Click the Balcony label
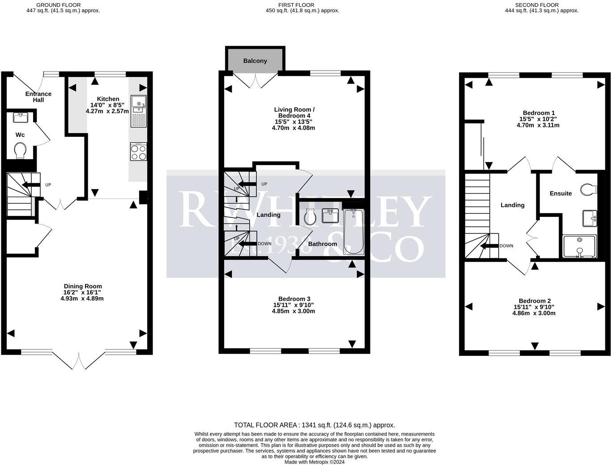tap(255, 61)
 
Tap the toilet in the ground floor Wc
tap(21, 150)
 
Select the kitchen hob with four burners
tap(138, 152)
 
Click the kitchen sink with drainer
tap(138, 110)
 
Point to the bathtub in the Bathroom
tap(353, 232)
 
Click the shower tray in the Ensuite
tap(580, 246)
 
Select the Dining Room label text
tap(83, 286)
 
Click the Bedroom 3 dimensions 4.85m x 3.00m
tap(293, 311)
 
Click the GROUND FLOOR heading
tap(59, 5)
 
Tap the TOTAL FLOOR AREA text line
tap(314, 425)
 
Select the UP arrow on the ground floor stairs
tap(31, 185)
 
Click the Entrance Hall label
tap(38, 97)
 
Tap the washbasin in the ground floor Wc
tap(21, 117)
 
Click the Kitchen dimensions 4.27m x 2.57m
tap(107, 111)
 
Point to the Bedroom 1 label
tap(539, 113)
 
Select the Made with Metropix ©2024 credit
tap(314, 462)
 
